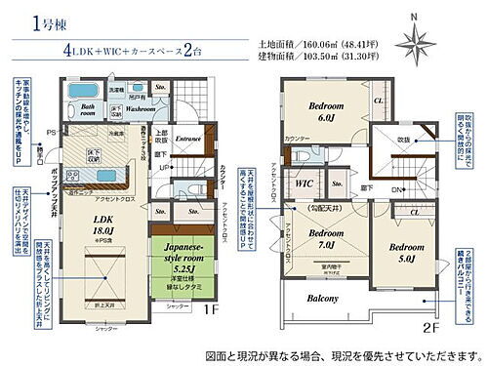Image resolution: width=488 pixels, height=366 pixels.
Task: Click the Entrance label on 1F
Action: coord(187,139)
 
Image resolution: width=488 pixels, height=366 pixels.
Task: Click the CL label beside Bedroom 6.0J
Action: coord(378,101)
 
